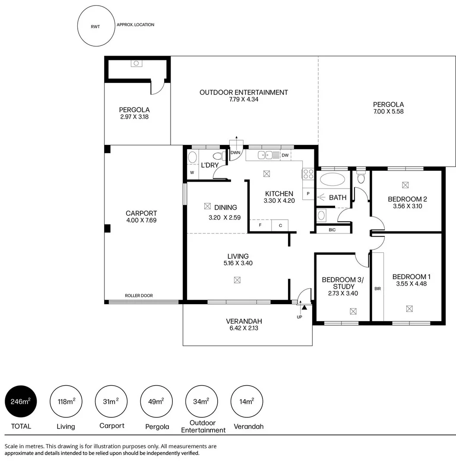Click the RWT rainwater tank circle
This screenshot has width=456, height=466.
coord(95,27)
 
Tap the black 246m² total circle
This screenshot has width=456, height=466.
coord(21,402)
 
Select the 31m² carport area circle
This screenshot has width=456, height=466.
coord(111,402)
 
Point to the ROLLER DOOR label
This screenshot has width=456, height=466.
coord(139,296)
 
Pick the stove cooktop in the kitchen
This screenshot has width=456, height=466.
coord(308,174)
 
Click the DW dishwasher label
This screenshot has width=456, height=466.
coord(285,155)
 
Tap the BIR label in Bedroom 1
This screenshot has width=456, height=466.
coord(377,289)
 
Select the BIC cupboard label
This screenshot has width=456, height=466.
coord(332,230)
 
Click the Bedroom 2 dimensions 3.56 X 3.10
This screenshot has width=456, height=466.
coord(407,206)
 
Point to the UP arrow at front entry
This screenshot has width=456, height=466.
coord(304,308)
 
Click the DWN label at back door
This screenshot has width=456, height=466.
coord(235,153)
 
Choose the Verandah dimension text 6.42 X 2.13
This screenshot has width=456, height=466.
coord(244,328)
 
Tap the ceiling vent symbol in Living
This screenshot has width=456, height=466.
coord(237,280)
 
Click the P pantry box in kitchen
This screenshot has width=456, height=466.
coord(308,194)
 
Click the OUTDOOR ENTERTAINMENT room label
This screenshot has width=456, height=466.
coord(244,92)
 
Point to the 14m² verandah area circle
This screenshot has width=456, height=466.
coord(247,402)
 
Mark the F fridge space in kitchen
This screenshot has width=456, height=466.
coord(260,225)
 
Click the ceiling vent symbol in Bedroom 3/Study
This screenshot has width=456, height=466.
coord(353,311)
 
